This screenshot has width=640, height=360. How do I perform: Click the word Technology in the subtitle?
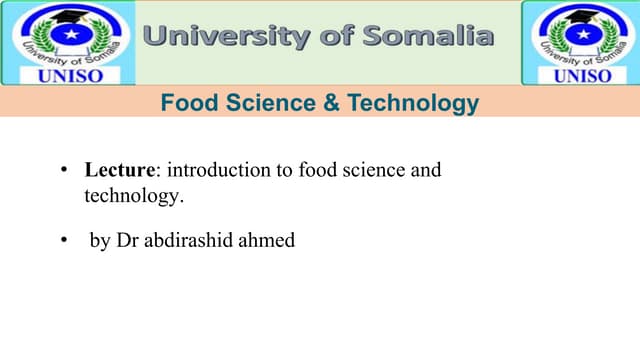401,102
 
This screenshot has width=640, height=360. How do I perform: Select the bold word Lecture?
114,171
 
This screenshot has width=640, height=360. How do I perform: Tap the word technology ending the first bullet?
133,196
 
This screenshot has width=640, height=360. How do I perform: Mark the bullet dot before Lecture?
62,171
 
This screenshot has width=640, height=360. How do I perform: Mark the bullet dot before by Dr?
62,241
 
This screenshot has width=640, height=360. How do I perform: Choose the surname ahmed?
268,241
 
